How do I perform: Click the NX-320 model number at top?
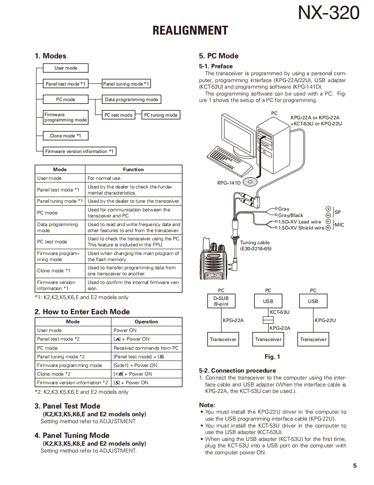click(328, 13)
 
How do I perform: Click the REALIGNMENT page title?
click(190, 31)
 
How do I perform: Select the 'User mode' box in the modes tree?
click(66, 68)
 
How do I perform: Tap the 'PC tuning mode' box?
click(161, 115)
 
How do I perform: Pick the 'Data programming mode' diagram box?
click(131, 99)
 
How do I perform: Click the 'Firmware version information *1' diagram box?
click(79, 151)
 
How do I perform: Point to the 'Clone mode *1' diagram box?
click(66, 136)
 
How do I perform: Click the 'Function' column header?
click(133, 169)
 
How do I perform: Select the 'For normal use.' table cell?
click(105, 178)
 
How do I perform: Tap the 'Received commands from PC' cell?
click(146, 348)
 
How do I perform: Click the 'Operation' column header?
click(146, 322)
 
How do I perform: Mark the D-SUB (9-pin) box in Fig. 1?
click(221, 301)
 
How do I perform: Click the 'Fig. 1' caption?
click(272, 357)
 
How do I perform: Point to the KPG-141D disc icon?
click(250, 182)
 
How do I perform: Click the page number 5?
click(355, 466)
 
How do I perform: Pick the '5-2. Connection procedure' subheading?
click(237, 370)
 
